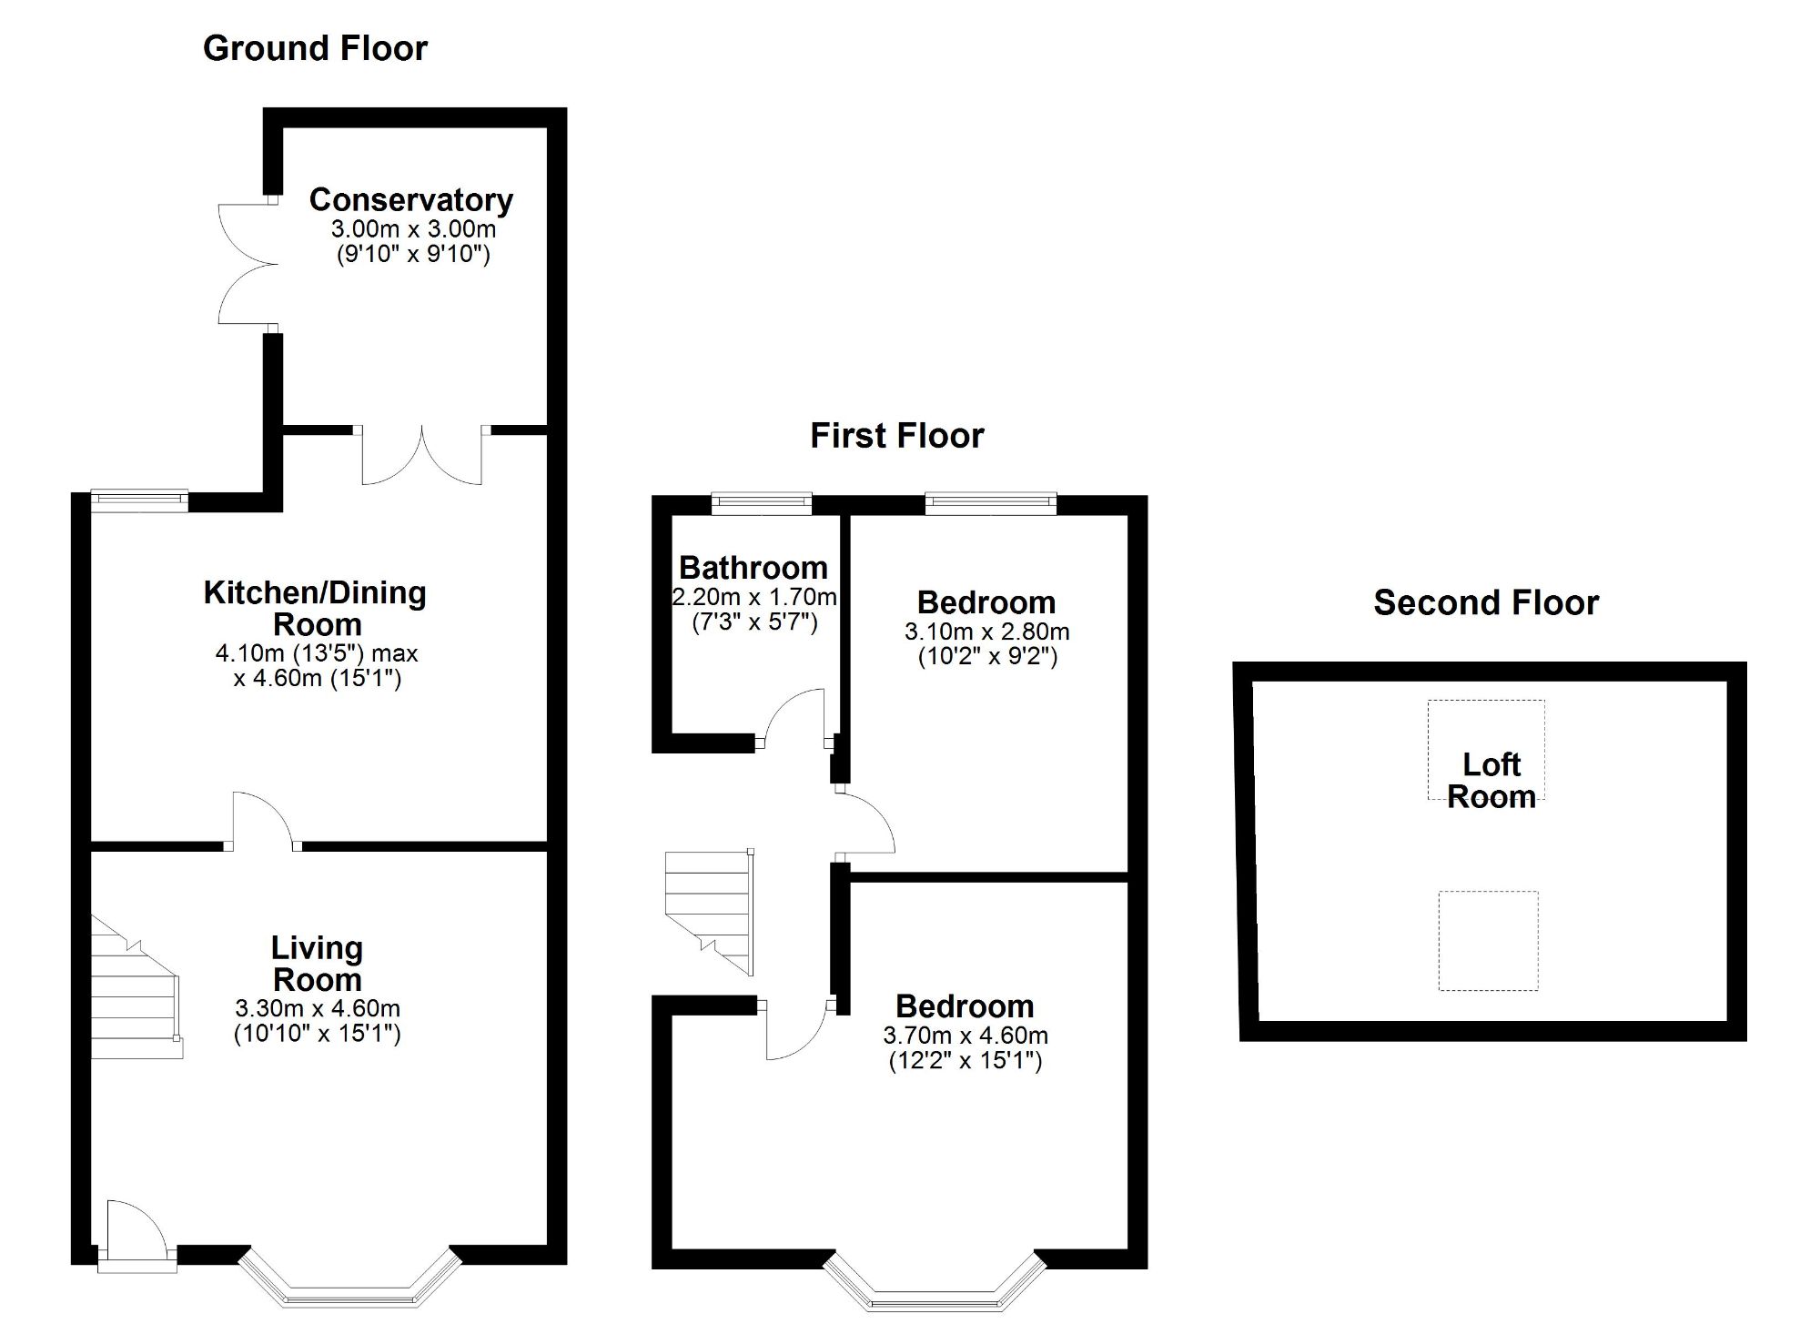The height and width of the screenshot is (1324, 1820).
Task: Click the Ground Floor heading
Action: pyautogui.click(x=315, y=48)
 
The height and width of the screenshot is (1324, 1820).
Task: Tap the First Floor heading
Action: pyautogui.click(x=896, y=435)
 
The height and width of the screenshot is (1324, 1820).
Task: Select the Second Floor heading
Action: pyautogui.click(x=1485, y=602)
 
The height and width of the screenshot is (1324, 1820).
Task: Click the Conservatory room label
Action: pyautogui.click(x=410, y=199)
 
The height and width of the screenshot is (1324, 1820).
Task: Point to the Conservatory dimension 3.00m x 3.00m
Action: pyautogui.click(x=413, y=228)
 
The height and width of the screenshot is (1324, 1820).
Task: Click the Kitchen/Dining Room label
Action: pyautogui.click(x=316, y=608)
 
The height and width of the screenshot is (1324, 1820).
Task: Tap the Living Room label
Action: pyautogui.click(x=317, y=963)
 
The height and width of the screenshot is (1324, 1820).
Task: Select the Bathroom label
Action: pyautogui.click(x=753, y=567)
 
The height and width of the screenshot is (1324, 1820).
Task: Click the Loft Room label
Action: pyautogui.click(x=1491, y=780)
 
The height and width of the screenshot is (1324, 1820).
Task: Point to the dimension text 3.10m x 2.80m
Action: pyautogui.click(x=986, y=631)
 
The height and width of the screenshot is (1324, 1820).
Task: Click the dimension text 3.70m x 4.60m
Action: pyautogui.click(x=965, y=1035)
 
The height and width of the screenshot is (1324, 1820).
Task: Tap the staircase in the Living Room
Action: pyautogui.click(x=135, y=992)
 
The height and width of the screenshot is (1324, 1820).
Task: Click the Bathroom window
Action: pyautogui.click(x=761, y=502)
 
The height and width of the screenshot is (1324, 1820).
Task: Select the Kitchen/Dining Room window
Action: pyautogui.click(x=139, y=499)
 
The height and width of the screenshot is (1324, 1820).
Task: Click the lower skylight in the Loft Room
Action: pyautogui.click(x=1488, y=940)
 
